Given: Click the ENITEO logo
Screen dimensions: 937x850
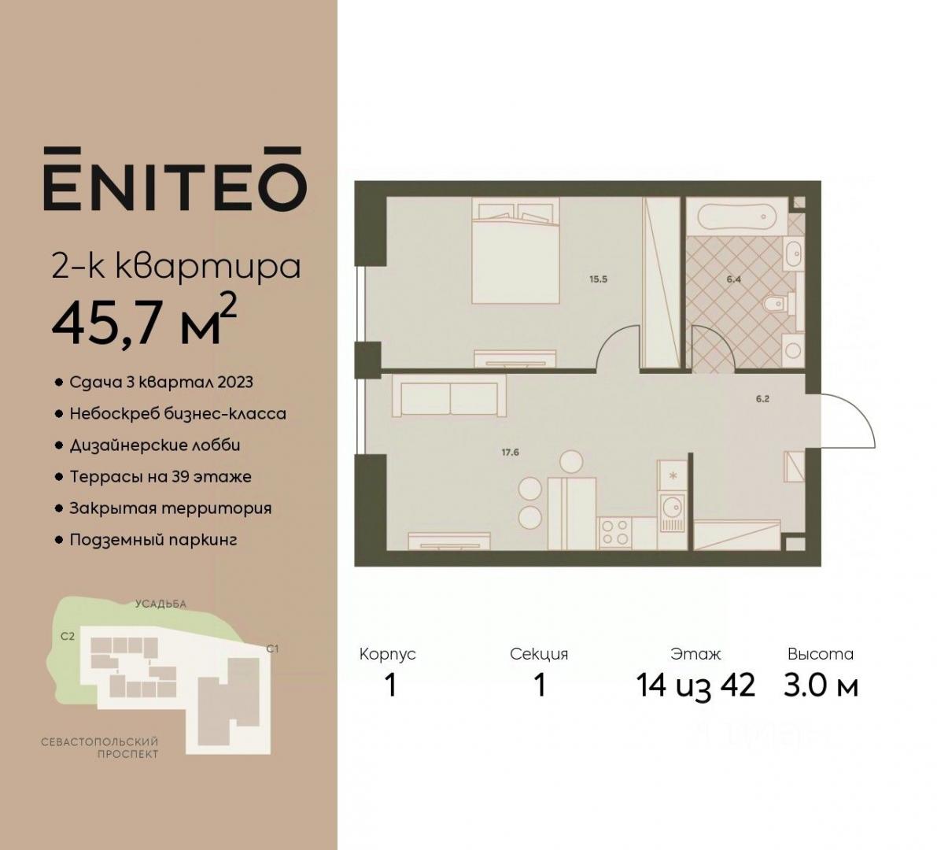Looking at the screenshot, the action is (x=175, y=179).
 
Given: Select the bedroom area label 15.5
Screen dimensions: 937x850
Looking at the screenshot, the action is (x=598, y=279).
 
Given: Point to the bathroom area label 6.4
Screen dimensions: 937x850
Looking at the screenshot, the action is (x=734, y=279).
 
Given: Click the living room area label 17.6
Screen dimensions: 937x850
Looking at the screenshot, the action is (x=511, y=453).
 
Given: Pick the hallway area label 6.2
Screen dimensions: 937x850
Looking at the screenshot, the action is (x=762, y=399).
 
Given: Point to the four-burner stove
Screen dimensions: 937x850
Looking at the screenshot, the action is (x=615, y=532).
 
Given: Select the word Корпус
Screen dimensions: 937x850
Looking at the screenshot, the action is (x=387, y=654).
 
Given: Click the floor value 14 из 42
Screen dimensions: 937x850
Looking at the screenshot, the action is (x=695, y=685).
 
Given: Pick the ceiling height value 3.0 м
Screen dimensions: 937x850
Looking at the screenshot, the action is (x=821, y=685).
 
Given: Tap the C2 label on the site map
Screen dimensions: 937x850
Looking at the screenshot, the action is (x=68, y=637).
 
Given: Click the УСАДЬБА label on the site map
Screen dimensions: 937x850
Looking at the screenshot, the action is (x=160, y=604).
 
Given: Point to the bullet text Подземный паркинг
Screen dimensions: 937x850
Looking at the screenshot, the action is (x=153, y=541).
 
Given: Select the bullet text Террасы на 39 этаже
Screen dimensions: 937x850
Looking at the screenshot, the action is (x=160, y=476).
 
